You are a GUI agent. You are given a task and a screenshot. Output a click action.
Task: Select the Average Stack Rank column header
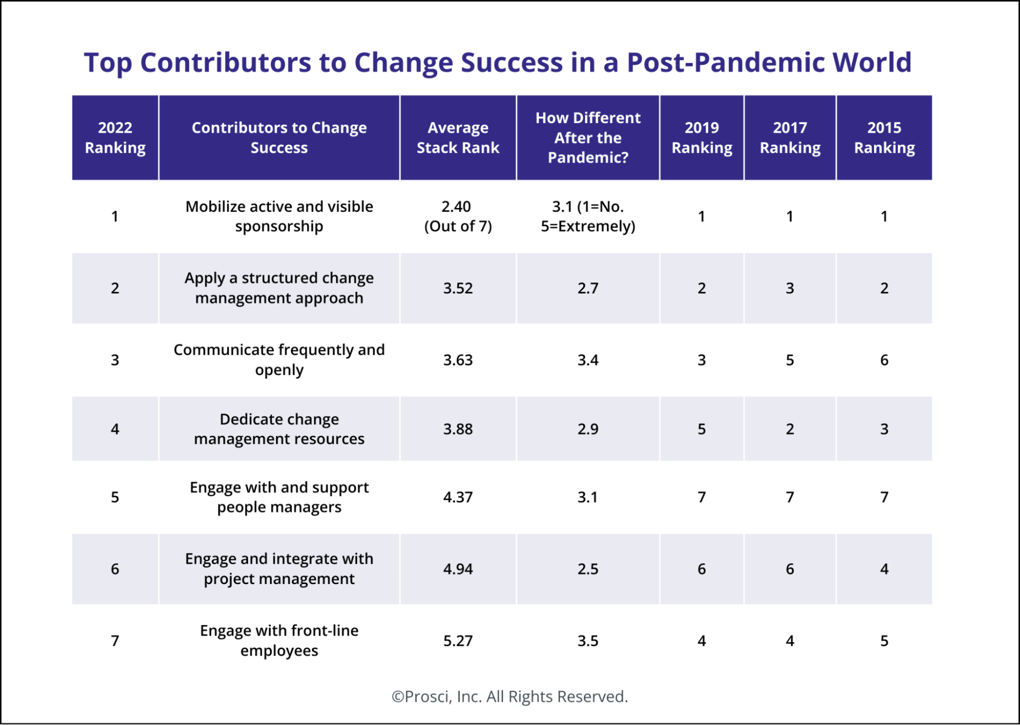point(458,137)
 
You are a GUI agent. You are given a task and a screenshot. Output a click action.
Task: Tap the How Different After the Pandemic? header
point(588,137)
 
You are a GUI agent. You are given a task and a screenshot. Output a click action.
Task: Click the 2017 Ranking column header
point(790,137)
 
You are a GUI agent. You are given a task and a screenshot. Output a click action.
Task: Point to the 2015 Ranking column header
point(884,137)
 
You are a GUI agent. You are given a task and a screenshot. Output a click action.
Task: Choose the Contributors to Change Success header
point(279,137)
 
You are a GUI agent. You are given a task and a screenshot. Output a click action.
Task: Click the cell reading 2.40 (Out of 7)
point(458,216)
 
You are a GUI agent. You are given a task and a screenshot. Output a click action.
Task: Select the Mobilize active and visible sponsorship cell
point(279,216)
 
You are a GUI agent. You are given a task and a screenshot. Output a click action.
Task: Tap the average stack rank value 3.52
point(458,288)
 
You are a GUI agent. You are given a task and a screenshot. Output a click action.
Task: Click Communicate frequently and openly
point(279,360)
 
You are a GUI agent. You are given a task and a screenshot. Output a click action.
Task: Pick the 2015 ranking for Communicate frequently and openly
point(884,360)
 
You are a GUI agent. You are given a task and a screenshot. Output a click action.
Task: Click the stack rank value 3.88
point(458,429)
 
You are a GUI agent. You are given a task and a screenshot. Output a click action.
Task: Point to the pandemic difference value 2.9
point(588,429)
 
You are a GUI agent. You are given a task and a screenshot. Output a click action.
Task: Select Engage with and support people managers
point(279,497)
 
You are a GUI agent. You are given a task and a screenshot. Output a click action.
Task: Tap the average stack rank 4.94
point(458,569)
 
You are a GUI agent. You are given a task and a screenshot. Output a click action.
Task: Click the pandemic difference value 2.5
point(588,569)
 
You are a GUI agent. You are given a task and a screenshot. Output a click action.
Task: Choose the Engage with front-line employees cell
point(279,641)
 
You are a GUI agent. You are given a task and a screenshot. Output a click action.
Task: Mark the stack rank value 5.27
point(458,641)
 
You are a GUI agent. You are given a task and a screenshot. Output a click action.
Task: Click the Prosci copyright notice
point(510,697)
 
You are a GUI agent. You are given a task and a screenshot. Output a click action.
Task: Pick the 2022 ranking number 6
point(115,569)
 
